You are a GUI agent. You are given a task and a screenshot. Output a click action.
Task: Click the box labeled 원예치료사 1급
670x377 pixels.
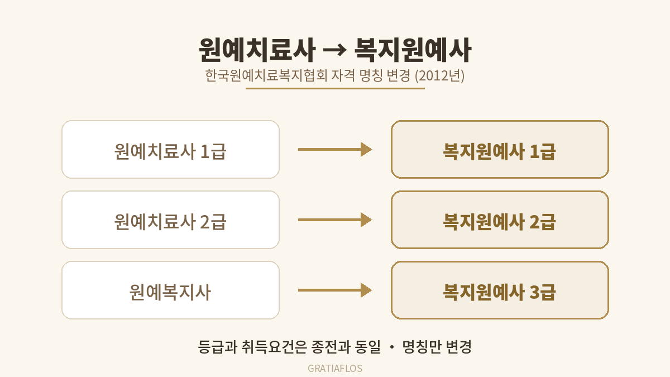(170, 149)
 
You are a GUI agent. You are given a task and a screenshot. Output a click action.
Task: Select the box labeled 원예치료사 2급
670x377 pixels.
(170, 219)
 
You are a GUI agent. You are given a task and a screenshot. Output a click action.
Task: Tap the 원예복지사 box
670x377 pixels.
(170, 290)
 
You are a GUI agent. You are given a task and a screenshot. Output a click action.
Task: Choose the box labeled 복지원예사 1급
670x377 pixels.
(500, 149)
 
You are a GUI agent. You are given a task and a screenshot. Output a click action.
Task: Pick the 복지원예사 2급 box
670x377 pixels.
(500, 219)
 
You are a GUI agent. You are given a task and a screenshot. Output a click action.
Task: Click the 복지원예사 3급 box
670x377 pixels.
(500, 290)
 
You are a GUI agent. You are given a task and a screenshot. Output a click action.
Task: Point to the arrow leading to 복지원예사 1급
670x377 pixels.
(335, 149)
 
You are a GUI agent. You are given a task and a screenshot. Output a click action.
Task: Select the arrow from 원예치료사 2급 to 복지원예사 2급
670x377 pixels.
(335, 219)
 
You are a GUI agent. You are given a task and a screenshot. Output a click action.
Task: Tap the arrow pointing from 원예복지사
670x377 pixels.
(335, 290)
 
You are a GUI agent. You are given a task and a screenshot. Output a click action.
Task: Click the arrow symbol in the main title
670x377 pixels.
(334, 50)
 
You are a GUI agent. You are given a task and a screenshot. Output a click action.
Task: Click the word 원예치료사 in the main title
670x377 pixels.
(257, 50)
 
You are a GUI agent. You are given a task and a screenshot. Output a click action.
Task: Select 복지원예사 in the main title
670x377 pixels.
(413, 50)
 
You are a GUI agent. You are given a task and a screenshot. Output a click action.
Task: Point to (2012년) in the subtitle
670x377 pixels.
(440, 75)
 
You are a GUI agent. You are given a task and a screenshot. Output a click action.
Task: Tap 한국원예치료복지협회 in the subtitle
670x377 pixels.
(266, 75)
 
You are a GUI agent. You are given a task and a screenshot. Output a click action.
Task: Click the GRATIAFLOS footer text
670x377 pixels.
(335, 368)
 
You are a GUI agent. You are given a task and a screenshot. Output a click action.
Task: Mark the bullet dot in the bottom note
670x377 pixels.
(392, 347)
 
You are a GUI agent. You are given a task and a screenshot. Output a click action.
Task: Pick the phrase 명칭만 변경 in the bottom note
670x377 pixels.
(437, 347)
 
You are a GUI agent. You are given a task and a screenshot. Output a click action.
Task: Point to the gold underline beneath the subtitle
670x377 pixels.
(335, 88)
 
